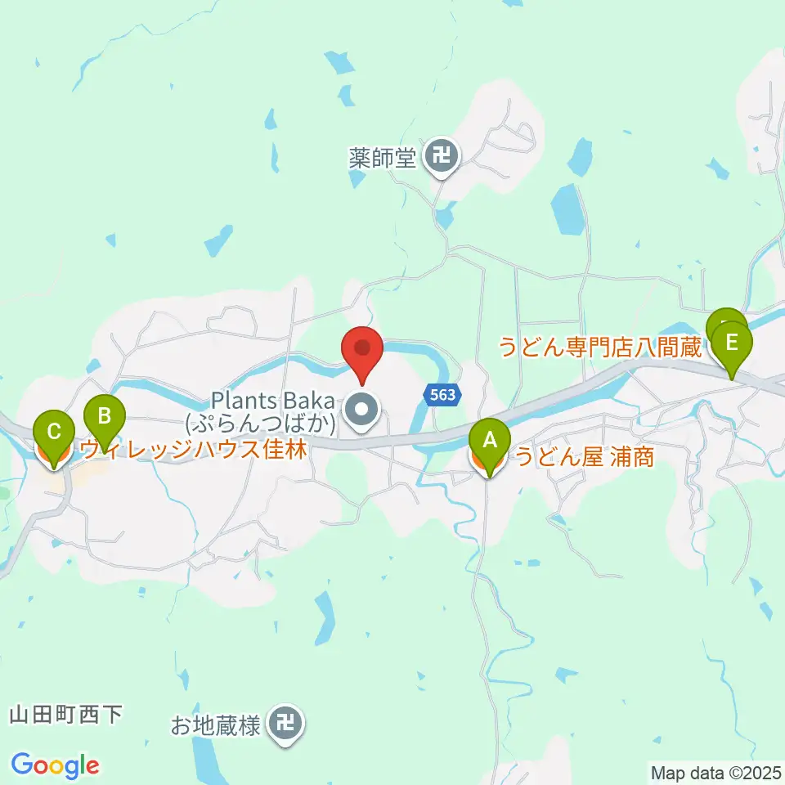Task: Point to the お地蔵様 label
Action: coord(215,724)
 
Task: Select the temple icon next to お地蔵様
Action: coord(285,723)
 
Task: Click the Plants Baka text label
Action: coord(272,401)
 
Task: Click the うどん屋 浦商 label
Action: coord(583,458)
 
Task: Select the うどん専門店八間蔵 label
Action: coord(601,348)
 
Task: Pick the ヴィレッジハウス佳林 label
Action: coord(194,449)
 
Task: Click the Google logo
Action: coord(55,765)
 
